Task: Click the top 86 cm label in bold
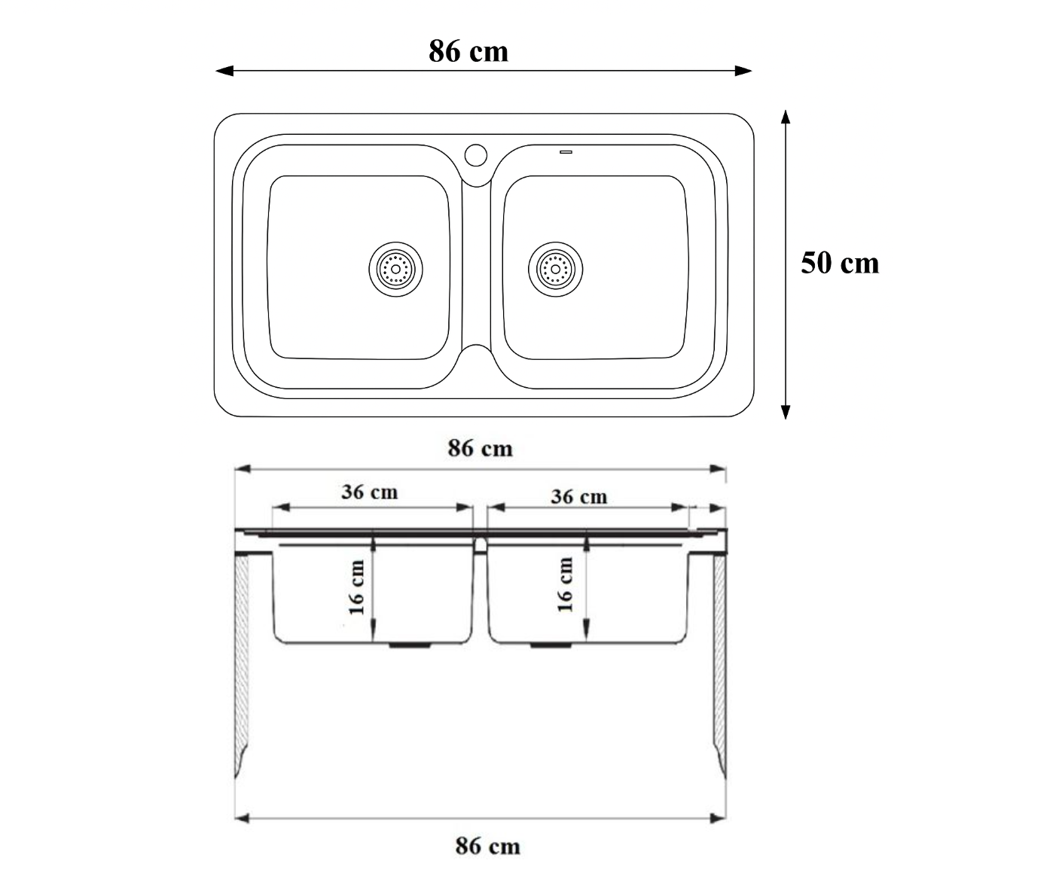point(468,51)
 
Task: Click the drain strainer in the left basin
point(395,269)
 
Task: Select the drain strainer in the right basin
point(555,269)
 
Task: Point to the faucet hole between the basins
point(476,155)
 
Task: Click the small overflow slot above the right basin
point(566,152)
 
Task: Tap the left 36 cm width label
point(370,492)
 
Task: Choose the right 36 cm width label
point(579,497)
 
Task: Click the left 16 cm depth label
point(357,587)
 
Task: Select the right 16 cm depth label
point(565,584)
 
